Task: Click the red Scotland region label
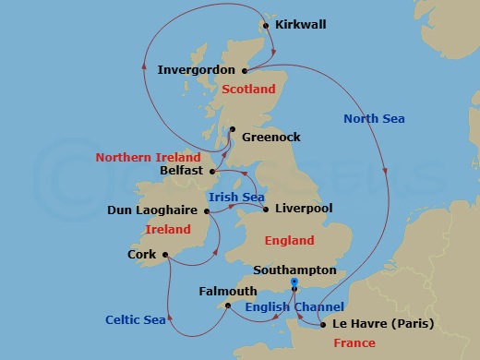tap(249, 90)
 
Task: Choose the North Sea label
tap(374, 118)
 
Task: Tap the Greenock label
tap(271, 137)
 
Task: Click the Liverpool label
tap(304, 210)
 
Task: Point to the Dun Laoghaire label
tap(152, 210)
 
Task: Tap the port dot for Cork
tap(165, 255)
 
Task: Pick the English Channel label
tap(295, 306)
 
